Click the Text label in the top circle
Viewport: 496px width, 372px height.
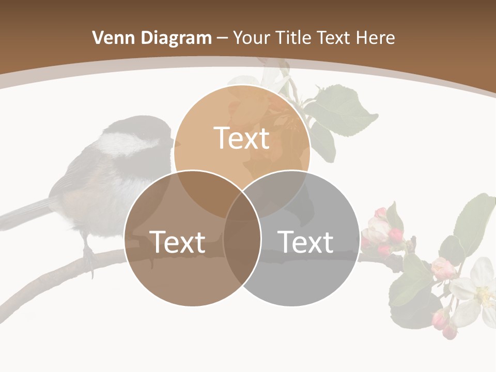coord(242,138)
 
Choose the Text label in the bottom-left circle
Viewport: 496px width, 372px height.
coord(177,242)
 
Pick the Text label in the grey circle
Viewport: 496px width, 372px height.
coord(306,242)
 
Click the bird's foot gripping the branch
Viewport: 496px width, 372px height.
coord(89,256)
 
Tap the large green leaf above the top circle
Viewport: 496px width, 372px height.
coord(341,111)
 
